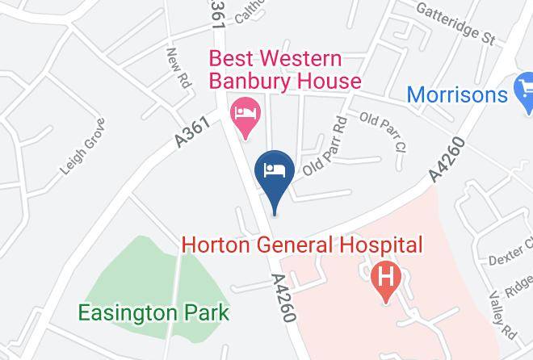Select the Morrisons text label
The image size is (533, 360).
tap(457, 94)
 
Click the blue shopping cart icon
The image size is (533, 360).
tap(523, 89)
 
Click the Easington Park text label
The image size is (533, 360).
tap(153, 312)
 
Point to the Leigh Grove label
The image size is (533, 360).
tap(82, 147)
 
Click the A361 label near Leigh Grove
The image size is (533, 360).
tap(193, 131)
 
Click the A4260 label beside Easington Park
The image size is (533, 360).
tap(283, 297)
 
